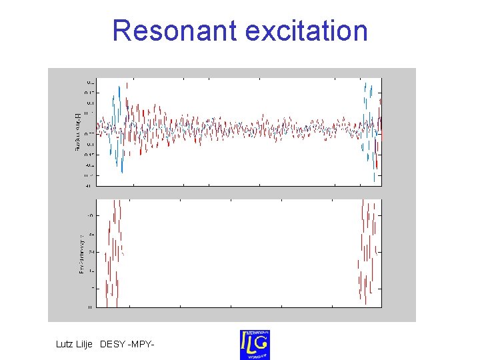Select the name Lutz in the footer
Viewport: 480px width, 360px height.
click(67, 344)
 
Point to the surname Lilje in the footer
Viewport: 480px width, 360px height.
click(89, 344)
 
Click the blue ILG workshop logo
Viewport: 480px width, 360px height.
click(255, 344)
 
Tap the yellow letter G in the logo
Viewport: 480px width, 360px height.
click(261, 343)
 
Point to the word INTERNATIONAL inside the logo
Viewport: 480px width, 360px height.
click(255, 332)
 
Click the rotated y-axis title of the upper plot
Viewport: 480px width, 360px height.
click(77, 131)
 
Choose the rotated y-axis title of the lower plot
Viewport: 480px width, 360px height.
click(81, 253)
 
